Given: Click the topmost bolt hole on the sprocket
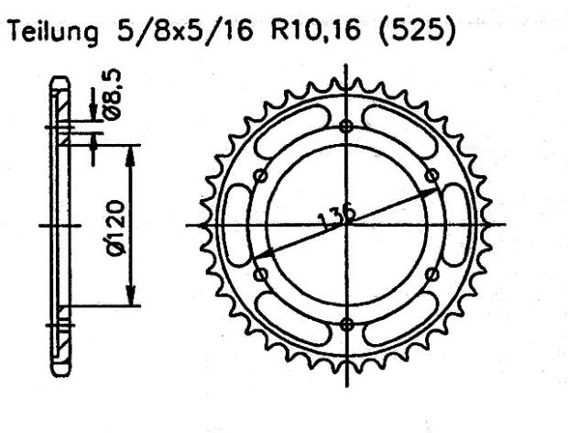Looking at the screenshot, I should tap(345, 127).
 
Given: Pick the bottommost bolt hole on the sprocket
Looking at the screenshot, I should tap(345, 323).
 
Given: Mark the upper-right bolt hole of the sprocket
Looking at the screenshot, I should tap(431, 176).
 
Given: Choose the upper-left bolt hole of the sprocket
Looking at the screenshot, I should tap(260, 176).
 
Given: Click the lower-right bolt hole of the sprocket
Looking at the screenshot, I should tap(431, 274).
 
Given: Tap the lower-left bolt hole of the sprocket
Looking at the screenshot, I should tap(260, 274).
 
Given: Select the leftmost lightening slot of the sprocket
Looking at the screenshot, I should tap(235, 225).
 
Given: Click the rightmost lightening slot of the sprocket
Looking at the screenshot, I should tap(456, 225).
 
